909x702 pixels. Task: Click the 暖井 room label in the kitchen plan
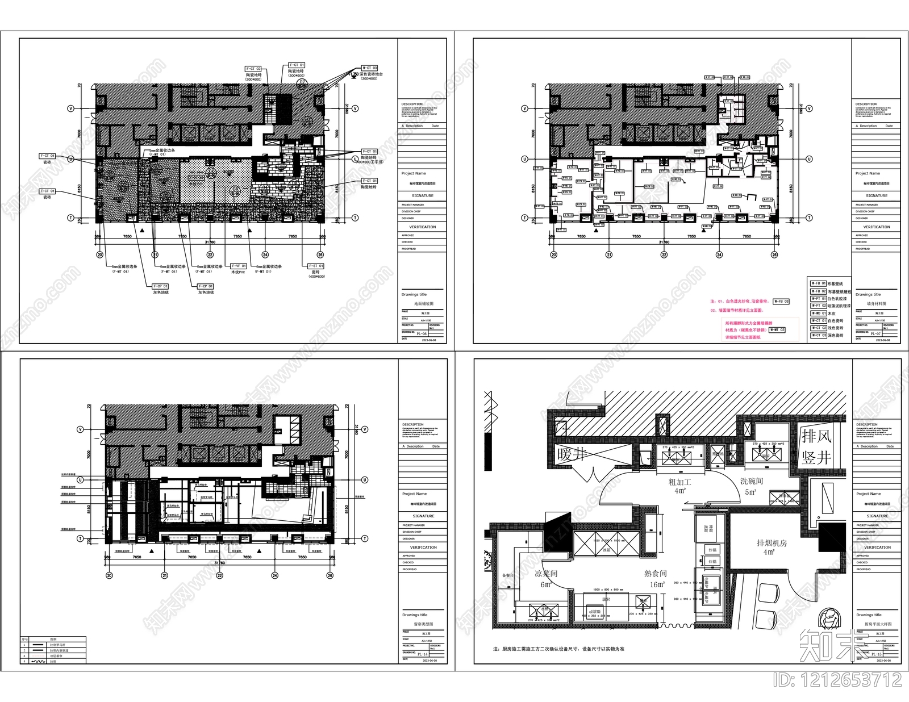(x=572, y=455)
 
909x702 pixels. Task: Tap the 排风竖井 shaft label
(x=816, y=446)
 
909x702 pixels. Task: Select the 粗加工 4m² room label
(x=679, y=486)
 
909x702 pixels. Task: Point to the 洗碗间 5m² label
(x=751, y=486)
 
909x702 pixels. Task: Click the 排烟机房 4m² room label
(x=772, y=547)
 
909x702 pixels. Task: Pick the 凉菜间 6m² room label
(x=546, y=579)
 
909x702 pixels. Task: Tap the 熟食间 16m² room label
(x=656, y=578)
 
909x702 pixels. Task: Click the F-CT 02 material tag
(x=253, y=69)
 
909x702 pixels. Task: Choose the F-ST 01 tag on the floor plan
(x=316, y=266)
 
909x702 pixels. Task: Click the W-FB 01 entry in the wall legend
(x=819, y=283)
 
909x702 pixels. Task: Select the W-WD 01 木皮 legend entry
(x=819, y=313)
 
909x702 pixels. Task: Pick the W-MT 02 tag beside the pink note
(x=777, y=330)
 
